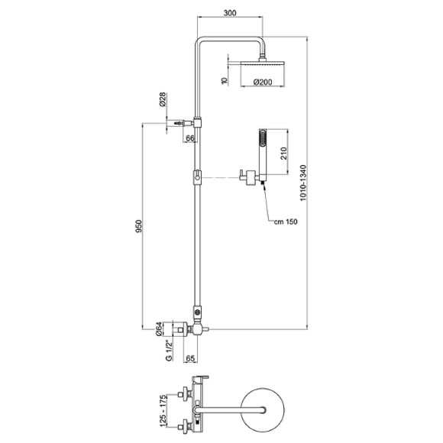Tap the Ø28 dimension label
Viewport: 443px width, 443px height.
pyautogui.click(x=163, y=101)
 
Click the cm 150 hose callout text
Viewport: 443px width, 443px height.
pyautogui.click(x=286, y=222)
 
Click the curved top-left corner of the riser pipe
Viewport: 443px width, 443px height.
pyautogui.click(x=201, y=43)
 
